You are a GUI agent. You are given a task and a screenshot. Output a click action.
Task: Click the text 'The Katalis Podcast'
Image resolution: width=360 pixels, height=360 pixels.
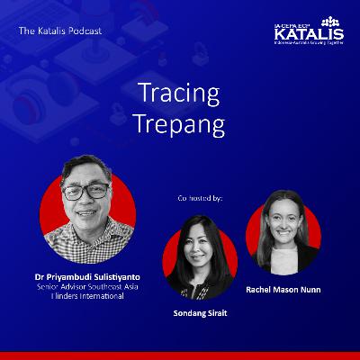click(x=59, y=31)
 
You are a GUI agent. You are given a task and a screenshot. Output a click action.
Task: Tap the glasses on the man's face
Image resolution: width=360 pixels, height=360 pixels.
click(x=88, y=192)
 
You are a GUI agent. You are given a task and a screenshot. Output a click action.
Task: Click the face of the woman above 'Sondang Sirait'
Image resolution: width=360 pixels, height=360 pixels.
click(x=200, y=248)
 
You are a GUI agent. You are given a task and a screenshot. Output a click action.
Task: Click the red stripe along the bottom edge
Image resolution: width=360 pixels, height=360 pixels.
click(x=180, y=355)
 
